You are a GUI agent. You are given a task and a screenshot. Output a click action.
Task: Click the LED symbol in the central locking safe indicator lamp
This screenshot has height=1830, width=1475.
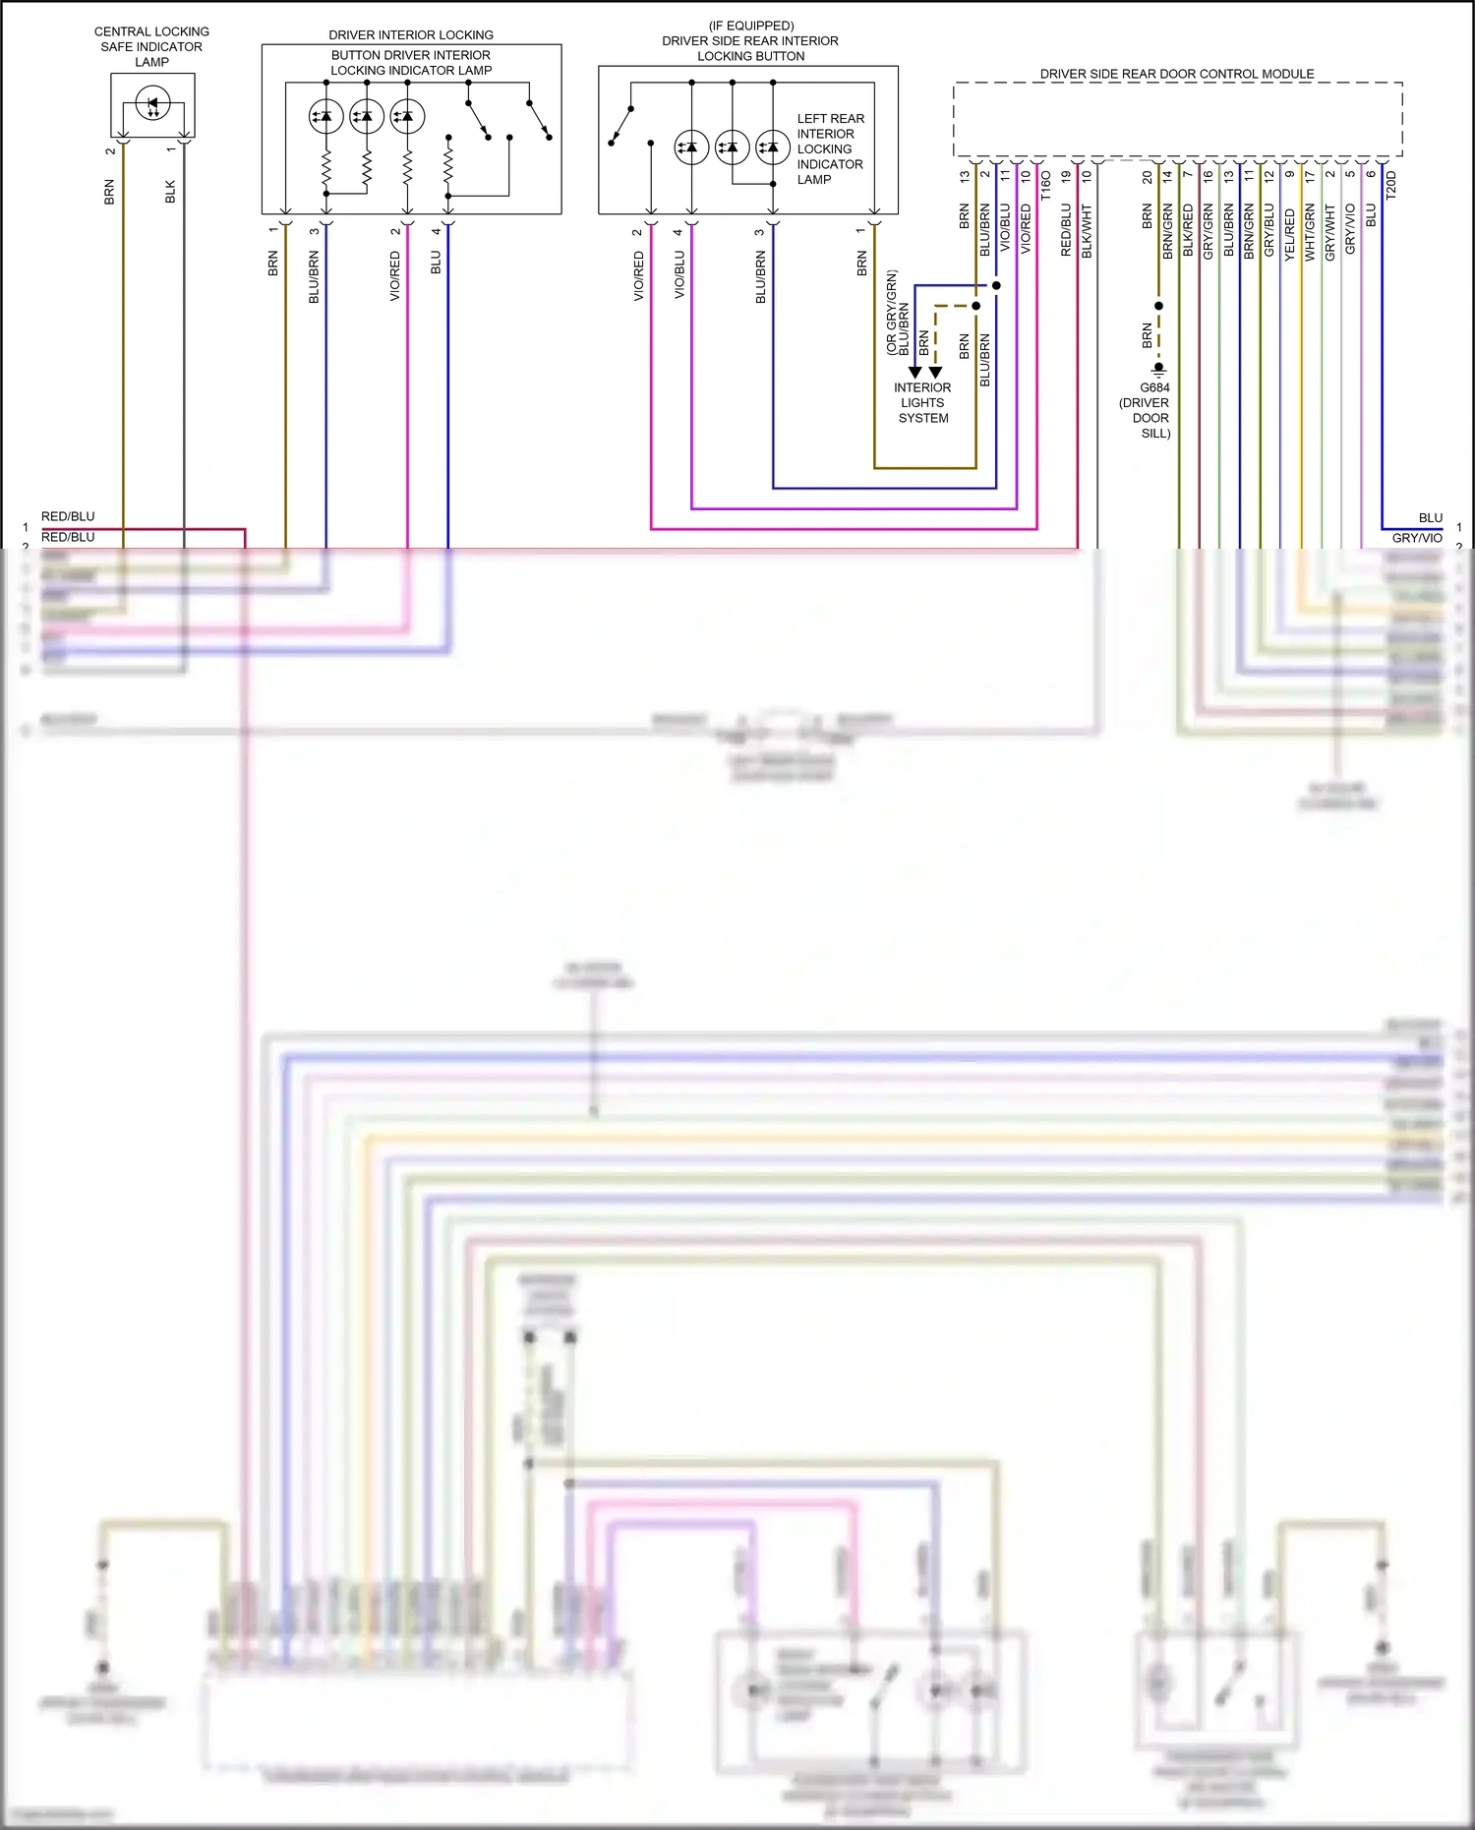[x=152, y=102]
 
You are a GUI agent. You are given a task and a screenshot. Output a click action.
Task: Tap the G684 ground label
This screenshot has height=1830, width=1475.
[x=1154, y=387]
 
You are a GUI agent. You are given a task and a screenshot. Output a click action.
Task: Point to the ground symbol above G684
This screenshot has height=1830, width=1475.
[x=1158, y=370]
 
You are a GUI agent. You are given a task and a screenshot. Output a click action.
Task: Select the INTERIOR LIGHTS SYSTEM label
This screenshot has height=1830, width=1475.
[x=922, y=402]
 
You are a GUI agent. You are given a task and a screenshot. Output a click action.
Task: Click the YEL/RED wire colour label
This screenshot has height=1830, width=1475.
[x=1290, y=234]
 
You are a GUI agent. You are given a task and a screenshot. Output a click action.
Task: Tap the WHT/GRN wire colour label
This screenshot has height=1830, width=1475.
[x=1310, y=232]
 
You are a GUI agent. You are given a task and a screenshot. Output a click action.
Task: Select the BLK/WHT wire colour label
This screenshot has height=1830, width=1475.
[x=1087, y=231]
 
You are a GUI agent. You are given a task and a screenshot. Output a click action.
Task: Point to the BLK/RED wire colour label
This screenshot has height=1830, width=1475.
[x=1188, y=231]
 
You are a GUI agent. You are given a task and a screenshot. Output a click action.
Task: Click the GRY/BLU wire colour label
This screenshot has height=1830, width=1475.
[x=1268, y=231]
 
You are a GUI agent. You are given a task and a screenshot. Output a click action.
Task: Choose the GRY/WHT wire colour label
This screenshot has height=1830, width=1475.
[x=1330, y=232]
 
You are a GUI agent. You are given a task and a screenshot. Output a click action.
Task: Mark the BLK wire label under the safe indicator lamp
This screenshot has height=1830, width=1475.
[x=170, y=192]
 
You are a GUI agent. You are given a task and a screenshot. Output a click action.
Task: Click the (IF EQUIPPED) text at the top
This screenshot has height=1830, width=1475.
[x=751, y=26]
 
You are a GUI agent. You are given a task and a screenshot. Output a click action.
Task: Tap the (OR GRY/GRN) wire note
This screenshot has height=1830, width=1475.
[x=892, y=312]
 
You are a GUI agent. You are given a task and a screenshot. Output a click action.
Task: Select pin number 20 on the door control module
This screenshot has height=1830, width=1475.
[x=1148, y=177]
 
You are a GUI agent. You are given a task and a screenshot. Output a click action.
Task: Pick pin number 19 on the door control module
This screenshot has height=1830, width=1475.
[x=1066, y=177]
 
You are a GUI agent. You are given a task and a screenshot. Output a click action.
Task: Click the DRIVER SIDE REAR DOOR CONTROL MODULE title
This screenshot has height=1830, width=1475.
[x=1177, y=74]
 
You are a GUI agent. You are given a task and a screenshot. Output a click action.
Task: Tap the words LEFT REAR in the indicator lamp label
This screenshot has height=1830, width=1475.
[x=831, y=119]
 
